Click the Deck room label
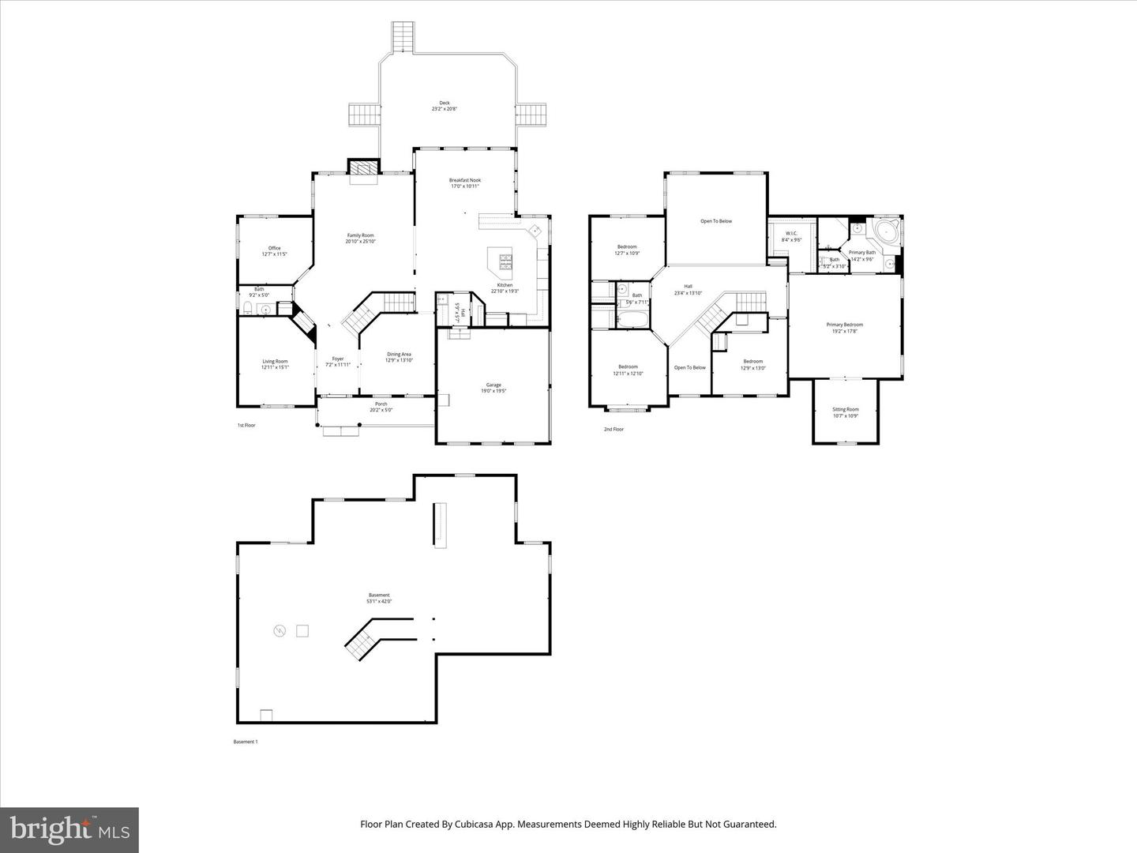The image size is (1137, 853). pos(445,103)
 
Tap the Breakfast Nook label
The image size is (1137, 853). pos(465,180)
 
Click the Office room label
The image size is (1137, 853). pos(274,248)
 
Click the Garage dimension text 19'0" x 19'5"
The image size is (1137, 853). pos(493,391)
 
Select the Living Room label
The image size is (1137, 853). pos(275,361)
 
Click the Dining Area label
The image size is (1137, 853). pos(399,354)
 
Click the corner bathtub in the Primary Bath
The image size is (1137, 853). pos(885,232)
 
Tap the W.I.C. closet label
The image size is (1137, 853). pos(791,233)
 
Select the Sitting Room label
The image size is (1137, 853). pos(845,409)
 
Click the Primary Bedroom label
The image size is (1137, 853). pos(844,325)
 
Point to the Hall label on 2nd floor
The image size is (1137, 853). pos(688,286)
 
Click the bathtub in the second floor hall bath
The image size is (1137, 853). pos(631,321)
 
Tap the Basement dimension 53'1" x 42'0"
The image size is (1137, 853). pos(379,601)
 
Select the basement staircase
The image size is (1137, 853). pos(362,641)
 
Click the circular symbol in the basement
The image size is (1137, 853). pos(279,630)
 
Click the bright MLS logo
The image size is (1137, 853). pos(69,829)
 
